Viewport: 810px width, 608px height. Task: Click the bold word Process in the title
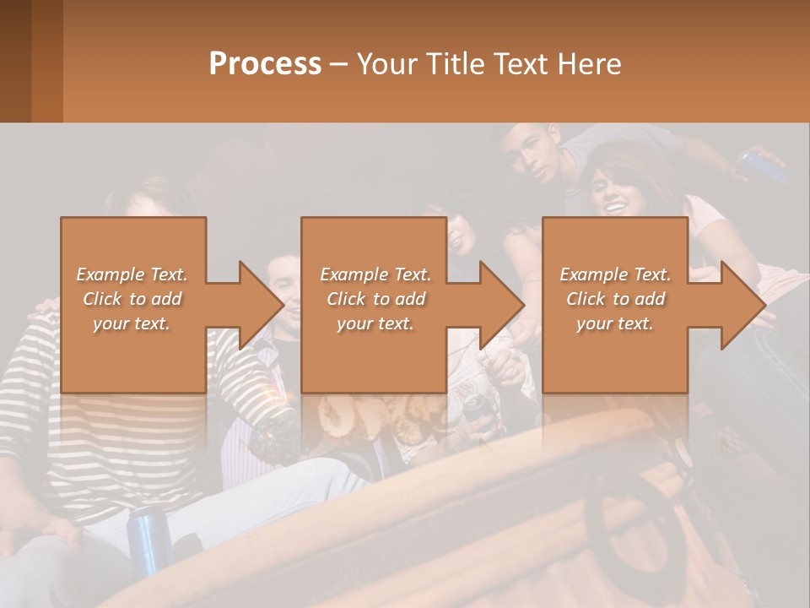pos(265,64)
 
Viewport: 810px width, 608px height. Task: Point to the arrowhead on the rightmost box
pos(742,305)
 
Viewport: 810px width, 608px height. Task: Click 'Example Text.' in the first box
pos(132,274)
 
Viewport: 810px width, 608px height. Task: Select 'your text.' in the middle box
pos(375,323)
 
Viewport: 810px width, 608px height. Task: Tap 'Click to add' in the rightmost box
pos(615,299)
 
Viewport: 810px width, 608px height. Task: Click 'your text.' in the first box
pos(132,323)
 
